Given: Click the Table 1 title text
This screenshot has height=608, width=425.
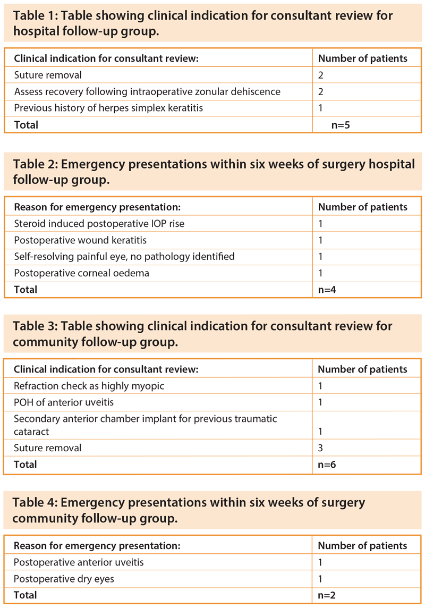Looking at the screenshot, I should [x=203, y=23].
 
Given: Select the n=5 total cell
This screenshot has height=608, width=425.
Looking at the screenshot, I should [x=339, y=124].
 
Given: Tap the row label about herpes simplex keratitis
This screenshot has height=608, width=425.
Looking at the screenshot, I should [x=108, y=108].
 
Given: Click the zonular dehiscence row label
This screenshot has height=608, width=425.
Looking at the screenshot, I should [x=147, y=91].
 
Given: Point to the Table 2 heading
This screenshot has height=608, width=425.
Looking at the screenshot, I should [x=214, y=172].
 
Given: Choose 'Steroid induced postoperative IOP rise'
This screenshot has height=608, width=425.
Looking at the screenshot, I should [x=99, y=223].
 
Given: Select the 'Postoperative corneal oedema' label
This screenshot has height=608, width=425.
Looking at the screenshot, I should [x=81, y=273].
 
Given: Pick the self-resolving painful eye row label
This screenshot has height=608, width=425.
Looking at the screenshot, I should [x=124, y=256].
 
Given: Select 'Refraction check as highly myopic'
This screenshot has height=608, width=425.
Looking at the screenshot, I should [x=89, y=385].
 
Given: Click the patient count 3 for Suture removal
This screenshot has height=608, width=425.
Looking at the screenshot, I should [x=320, y=447].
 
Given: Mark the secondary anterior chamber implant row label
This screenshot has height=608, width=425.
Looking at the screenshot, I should [x=146, y=425].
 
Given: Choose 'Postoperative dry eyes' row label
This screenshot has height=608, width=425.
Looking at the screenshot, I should [x=64, y=578].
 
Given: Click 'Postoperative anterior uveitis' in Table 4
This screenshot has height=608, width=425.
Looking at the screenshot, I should [x=79, y=562].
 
